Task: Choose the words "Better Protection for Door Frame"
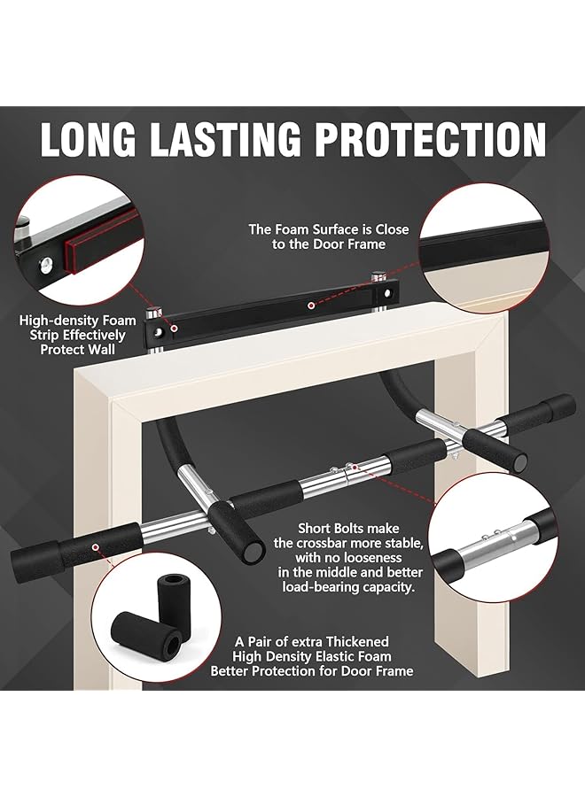(311, 670)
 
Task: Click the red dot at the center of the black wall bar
(310, 306)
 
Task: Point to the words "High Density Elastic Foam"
(311, 655)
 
